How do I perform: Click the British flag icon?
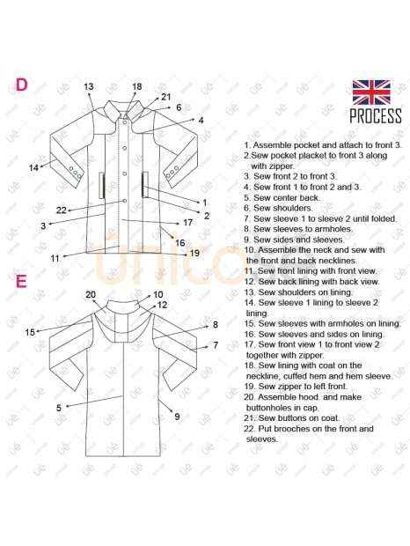(371, 92)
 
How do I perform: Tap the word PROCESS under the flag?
(376, 116)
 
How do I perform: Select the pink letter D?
(21, 85)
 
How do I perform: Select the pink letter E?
(21, 281)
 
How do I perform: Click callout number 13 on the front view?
(89, 86)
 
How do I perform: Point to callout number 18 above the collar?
(137, 86)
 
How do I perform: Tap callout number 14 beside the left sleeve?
(33, 168)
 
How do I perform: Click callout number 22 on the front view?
(62, 210)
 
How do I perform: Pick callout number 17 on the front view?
(187, 223)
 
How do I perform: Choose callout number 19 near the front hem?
(194, 253)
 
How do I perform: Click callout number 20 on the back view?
(91, 295)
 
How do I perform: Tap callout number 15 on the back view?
(30, 332)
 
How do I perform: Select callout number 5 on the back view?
(59, 408)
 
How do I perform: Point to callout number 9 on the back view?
(177, 417)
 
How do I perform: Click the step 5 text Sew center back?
(282, 198)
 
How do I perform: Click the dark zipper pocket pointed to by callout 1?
(144, 185)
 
